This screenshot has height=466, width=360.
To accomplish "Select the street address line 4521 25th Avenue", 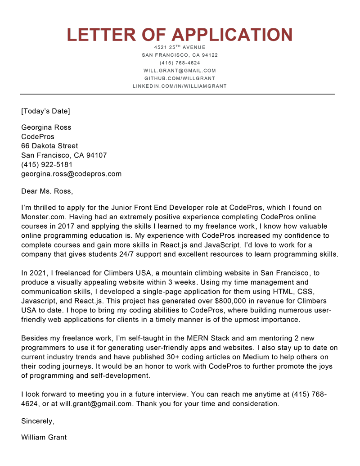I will (180, 47).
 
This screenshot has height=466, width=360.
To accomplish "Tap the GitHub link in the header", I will (180, 78).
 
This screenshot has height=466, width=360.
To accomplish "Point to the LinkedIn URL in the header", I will (180, 86).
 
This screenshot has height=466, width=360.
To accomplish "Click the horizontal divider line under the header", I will (177, 94).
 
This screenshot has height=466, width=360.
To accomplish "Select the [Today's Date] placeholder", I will (45, 111).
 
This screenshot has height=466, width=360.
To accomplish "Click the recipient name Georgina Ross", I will (46, 127).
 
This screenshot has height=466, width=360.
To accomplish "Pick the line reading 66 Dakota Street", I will (49, 146).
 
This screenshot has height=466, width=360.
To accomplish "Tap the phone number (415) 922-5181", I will (47, 164).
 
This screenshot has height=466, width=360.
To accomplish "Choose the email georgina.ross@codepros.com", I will (71, 174).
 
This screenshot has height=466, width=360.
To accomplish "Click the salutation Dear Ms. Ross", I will (47, 191).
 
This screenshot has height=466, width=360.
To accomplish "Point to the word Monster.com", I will (43, 217).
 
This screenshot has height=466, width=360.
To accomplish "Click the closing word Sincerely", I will (38, 421).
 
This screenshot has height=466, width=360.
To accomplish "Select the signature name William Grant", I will (44, 437).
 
